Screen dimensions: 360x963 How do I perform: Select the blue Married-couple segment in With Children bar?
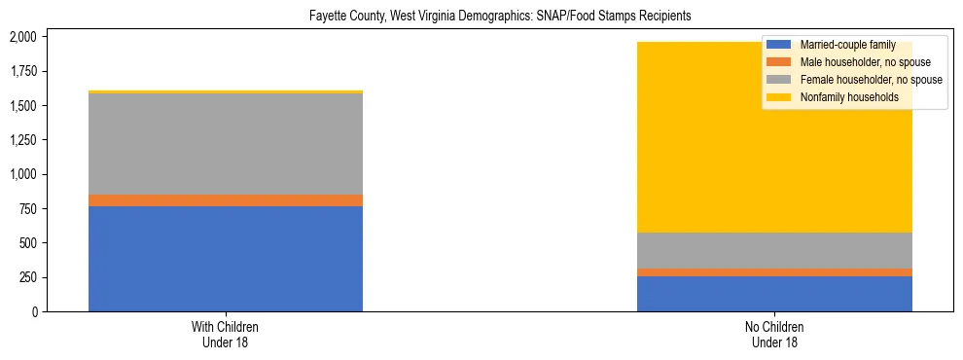point(226,259)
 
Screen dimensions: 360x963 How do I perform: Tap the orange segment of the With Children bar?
point(226,200)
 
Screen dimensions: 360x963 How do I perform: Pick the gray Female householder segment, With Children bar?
point(226,144)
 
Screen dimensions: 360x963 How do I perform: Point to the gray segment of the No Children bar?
point(774,251)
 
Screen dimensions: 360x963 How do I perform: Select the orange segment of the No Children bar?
point(774,272)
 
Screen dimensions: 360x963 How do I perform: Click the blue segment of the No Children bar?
point(774,294)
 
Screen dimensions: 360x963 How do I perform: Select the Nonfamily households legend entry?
point(842,97)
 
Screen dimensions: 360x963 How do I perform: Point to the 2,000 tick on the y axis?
point(22,37)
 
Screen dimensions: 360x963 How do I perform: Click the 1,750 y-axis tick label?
point(22,71)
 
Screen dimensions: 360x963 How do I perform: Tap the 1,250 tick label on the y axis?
point(22,140)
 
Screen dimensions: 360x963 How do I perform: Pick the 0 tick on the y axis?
point(35,311)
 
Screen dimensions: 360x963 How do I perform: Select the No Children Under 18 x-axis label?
point(774,335)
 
